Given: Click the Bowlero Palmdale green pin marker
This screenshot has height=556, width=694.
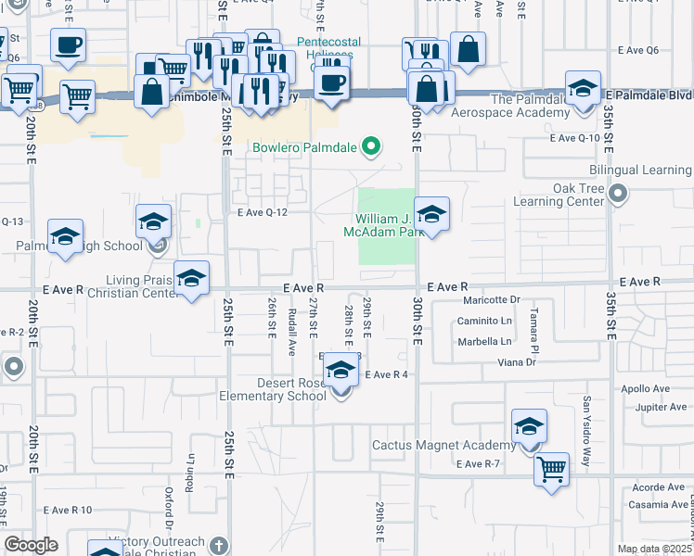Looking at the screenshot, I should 371,146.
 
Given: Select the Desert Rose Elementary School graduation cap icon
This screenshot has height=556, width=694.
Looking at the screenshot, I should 341,370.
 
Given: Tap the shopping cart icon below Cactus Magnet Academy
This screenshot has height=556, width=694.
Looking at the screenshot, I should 551,469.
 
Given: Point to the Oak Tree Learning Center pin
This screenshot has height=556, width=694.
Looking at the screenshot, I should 618,195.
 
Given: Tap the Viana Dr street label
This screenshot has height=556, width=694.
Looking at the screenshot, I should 517,362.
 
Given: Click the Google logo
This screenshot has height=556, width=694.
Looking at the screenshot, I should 31,545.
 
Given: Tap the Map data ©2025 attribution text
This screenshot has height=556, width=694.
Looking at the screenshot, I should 654,549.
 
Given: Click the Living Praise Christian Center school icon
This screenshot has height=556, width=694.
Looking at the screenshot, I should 191,278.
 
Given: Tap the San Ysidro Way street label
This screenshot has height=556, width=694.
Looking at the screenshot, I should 585,418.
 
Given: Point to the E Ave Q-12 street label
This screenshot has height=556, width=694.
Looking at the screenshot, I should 263,212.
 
